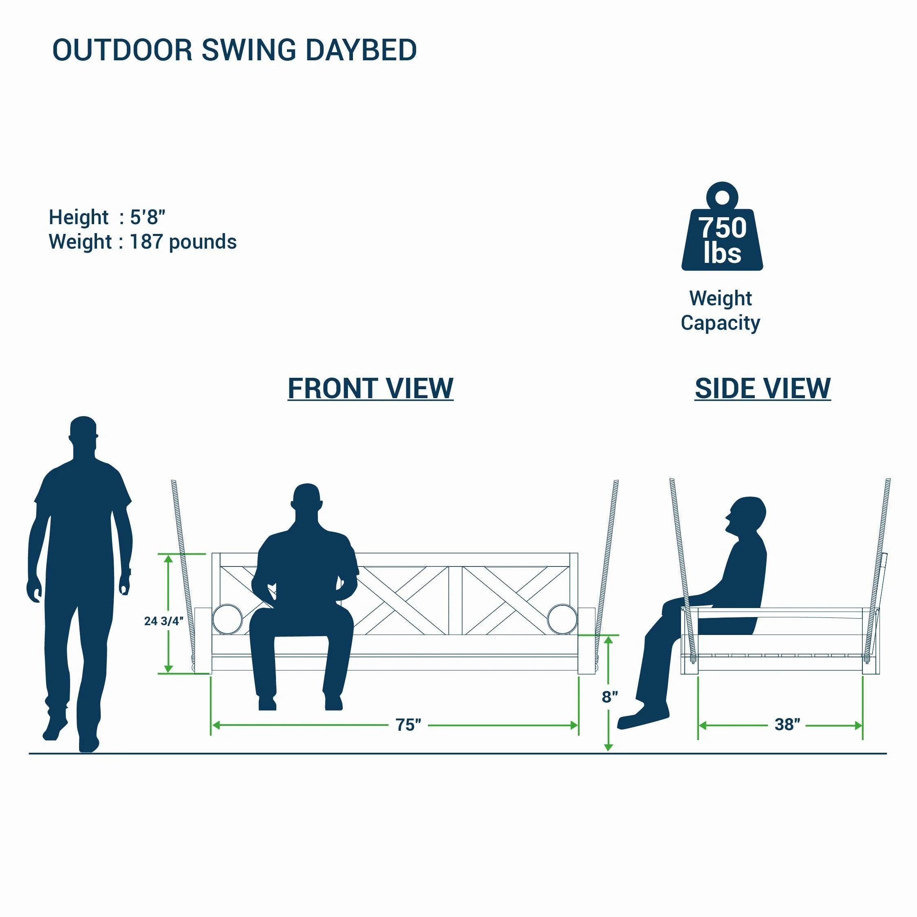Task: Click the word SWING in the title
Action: point(249,50)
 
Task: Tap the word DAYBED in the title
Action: point(361,50)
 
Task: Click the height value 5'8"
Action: point(148,217)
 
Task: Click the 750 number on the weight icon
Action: point(722,227)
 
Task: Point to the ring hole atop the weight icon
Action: point(722,197)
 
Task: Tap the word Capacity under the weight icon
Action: point(721,323)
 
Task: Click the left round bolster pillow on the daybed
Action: point(227,619)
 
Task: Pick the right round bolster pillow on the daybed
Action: point(562,619)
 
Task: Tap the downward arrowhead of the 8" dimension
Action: point(608,747)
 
